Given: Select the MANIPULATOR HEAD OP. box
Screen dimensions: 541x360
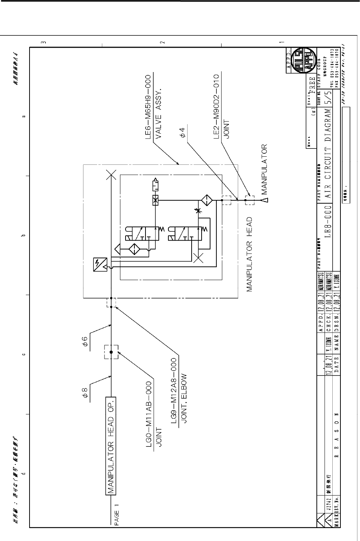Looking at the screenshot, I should point(111,446).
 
